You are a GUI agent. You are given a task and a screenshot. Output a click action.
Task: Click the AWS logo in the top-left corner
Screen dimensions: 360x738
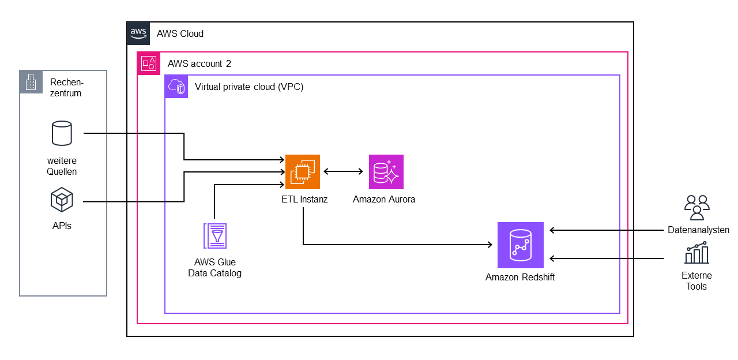pos(138,33)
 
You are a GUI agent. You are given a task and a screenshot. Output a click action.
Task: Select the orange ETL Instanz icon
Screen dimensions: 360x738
pos(302,171)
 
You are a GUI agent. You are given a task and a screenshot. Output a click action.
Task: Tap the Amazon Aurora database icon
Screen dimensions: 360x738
pos(386,171)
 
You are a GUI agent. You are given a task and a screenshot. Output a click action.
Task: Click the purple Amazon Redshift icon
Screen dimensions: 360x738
pos(520,245)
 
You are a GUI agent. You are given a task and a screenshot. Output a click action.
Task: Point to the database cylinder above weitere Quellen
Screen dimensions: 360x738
pos(62,133)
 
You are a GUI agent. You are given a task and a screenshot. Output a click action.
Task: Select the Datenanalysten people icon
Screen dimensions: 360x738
pos(696,207)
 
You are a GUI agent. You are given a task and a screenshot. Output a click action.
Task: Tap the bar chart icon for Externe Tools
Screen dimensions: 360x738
pos(696,253)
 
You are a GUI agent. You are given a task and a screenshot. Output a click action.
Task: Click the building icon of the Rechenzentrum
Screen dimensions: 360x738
pos(31,82)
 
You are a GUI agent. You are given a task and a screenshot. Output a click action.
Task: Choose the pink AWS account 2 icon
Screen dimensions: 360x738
pos(149,63)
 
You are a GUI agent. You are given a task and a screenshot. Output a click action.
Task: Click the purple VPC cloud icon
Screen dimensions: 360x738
pos(176,87)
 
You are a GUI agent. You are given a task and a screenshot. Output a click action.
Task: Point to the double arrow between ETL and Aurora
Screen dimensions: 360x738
pos(344,171)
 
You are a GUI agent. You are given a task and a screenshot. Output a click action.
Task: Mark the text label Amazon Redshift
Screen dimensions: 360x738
pos(519,277)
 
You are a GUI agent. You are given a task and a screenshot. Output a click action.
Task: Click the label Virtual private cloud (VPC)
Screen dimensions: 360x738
pos(249,87)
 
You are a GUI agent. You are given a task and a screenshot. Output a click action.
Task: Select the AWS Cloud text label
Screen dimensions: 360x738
pos(180,33)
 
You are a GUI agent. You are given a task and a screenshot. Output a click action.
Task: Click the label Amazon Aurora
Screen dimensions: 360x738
pos(384,200)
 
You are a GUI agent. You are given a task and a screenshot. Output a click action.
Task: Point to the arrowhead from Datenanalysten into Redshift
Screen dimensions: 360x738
pos(552,230)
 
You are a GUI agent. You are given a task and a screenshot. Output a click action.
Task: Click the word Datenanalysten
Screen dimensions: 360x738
pos(698,230)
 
